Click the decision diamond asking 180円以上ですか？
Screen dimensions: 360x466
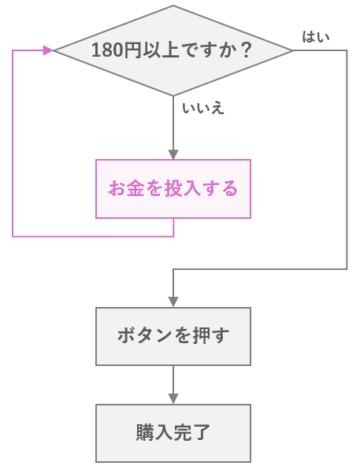(x=173, y=50)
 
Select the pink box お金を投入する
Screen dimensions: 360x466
(x=173, y=189)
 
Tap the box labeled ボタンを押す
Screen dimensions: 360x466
(x=173, y=336)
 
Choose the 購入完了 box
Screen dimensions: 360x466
(x=173, y=433)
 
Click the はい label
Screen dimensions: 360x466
(x=316, y=37)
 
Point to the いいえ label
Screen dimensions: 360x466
(x=203, y=108)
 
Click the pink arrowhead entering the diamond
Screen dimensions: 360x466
(x=48, y=50)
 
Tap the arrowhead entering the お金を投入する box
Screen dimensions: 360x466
(x=173, y=155)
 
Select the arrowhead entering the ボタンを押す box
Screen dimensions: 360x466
(x=173, y=302)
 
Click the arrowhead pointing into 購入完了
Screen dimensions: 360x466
(x=173, y=399)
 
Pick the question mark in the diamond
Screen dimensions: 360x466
(x=246, y=50)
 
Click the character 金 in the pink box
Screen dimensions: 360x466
(x=135, y=188)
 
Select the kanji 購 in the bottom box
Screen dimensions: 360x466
(x=145, y=432)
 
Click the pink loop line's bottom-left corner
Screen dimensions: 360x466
(x=13, y=237)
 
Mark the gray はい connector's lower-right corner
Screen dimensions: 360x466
(x=347, y=269)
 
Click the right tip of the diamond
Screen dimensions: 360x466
(x=293, y=50)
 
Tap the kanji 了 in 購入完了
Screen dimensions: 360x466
(x=202, y=432)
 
